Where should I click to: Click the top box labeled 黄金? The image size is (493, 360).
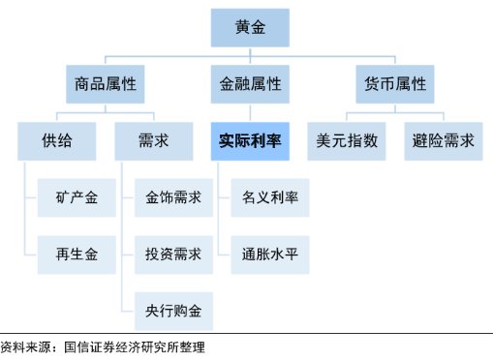[x=250, y=28]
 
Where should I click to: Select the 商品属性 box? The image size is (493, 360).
[x=106, y=84]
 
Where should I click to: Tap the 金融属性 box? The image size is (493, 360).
[x=250, y=84]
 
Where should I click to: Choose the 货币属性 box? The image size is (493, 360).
[x=395, y=84]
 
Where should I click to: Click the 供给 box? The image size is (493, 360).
[x=57, y=141]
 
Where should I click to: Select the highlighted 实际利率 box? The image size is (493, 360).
[x=250, y=141]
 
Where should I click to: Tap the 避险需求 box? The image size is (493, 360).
[x=443, y=141]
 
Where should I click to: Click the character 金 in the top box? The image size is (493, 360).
[x=259, y=28]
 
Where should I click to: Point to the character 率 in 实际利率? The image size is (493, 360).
[x=274, y=141]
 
